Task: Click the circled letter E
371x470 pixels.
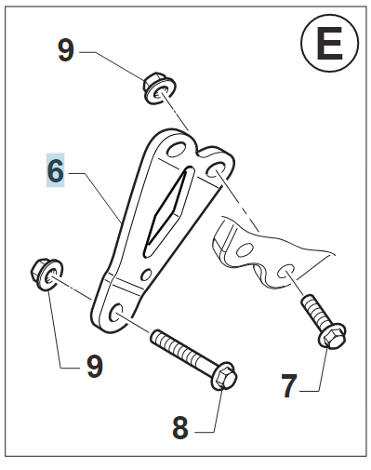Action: [329, 44]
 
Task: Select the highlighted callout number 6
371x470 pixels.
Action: [56, 170]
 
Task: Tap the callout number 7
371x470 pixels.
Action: [289, 386]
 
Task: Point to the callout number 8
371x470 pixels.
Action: [180, 428]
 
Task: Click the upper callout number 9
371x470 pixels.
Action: [66, 49]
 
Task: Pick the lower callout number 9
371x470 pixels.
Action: [95, 366]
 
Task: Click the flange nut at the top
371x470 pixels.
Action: [159, 87]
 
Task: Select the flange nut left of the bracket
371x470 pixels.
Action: [46, 274]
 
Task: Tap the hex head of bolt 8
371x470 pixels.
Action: [224, 376]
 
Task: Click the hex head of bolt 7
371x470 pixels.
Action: [332, 336]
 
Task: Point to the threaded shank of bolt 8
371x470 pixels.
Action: [182, 349]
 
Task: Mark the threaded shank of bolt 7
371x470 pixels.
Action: [312, 311]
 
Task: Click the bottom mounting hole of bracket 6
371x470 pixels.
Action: [116, 313]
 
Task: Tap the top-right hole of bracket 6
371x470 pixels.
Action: [216, 168]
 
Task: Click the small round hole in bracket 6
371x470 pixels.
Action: [146, 274]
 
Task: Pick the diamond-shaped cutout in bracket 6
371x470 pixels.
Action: [169, 210]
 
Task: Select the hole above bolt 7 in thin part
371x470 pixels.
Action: [285, 271]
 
